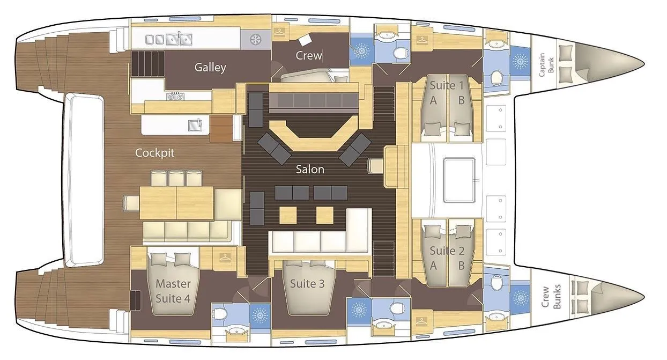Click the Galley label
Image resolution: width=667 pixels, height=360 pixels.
point(210,68)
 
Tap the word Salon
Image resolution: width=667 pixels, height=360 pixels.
point(310,170)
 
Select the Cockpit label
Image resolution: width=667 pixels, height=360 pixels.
point(154,153)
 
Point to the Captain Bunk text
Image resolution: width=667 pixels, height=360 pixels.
point(546,64)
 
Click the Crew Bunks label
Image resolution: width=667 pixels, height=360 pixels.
point(551,297)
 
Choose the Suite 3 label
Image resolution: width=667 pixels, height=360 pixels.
point(307,284)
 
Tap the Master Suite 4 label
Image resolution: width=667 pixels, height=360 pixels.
point(173,291)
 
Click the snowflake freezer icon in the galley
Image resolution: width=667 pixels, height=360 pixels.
point(255,40)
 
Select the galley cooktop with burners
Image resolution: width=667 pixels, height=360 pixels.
point(175,96)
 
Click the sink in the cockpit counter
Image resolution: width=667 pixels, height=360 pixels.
point(195,125)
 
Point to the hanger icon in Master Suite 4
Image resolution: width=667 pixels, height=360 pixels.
point(225,257)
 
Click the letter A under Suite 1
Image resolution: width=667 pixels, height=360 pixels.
point(433,100)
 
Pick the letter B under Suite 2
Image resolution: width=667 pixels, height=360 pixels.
point(461,266)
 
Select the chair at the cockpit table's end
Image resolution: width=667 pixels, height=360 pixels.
point(131,203)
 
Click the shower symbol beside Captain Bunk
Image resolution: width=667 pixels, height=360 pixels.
point(520,61)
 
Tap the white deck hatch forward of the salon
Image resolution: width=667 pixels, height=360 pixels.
point(460,181)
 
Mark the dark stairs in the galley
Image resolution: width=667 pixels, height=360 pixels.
point(147,64)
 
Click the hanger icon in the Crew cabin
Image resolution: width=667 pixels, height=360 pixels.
point(279,32)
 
